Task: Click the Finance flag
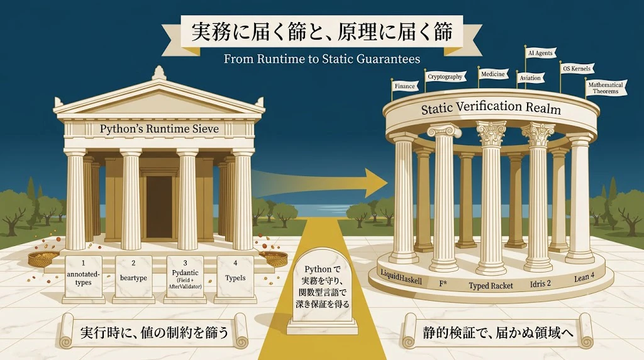point(405,86)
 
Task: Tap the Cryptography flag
point(445,76)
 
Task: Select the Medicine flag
point(493,74)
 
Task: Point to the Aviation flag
point(530,77)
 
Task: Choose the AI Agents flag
point(541,53)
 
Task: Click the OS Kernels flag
point(577,68)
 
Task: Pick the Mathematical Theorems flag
point(606,88)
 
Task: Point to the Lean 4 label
point(584,278)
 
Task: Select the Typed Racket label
point(491,286)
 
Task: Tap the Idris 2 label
point(540,284)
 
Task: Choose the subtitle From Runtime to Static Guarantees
point(322,59)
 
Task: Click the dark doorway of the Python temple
point(159,206)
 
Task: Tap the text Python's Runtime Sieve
point(159,128)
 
